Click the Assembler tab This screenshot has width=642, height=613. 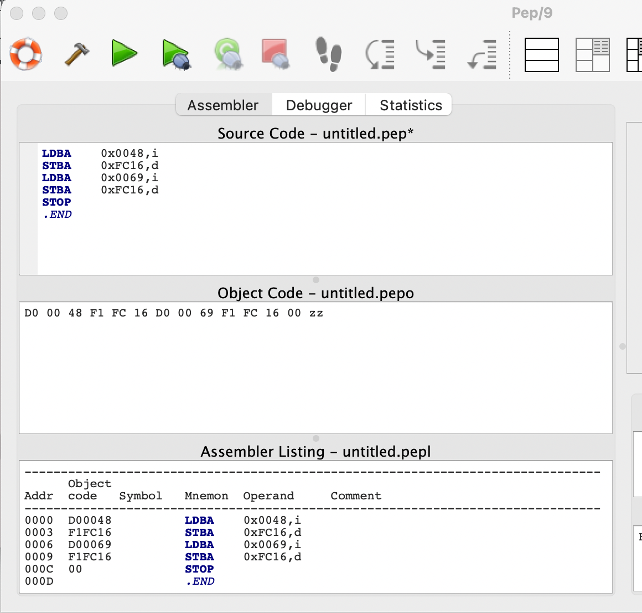click(x=223, y=105)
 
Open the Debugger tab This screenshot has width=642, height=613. click(x=319, y=105)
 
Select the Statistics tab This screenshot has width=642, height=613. click(x=411, y=105)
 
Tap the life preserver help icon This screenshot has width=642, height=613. click(x=25, y=54)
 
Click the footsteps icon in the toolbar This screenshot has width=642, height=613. click(x=329, y=54)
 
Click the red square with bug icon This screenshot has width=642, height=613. click(x=275, y=53)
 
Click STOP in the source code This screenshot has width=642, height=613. click(x=56, y=202)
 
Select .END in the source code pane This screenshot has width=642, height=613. click(x=58, y=214)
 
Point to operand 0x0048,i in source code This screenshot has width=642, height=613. click(x=130, y=154)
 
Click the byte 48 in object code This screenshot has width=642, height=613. click(x=75, y=313)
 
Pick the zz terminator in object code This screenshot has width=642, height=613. click(x=316, y=313)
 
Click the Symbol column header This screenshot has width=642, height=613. click(x=141, y=495)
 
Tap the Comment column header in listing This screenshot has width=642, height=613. click(x=356, y=495)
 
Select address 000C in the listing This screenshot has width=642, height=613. click(x=39, y=569)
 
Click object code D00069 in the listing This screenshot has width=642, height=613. click(x=90, y=544)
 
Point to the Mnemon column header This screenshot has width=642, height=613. click(x=206, y=495)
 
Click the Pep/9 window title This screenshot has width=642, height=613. click(x=532, y=13)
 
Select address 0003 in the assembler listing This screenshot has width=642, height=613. click(x=39, y=532)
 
